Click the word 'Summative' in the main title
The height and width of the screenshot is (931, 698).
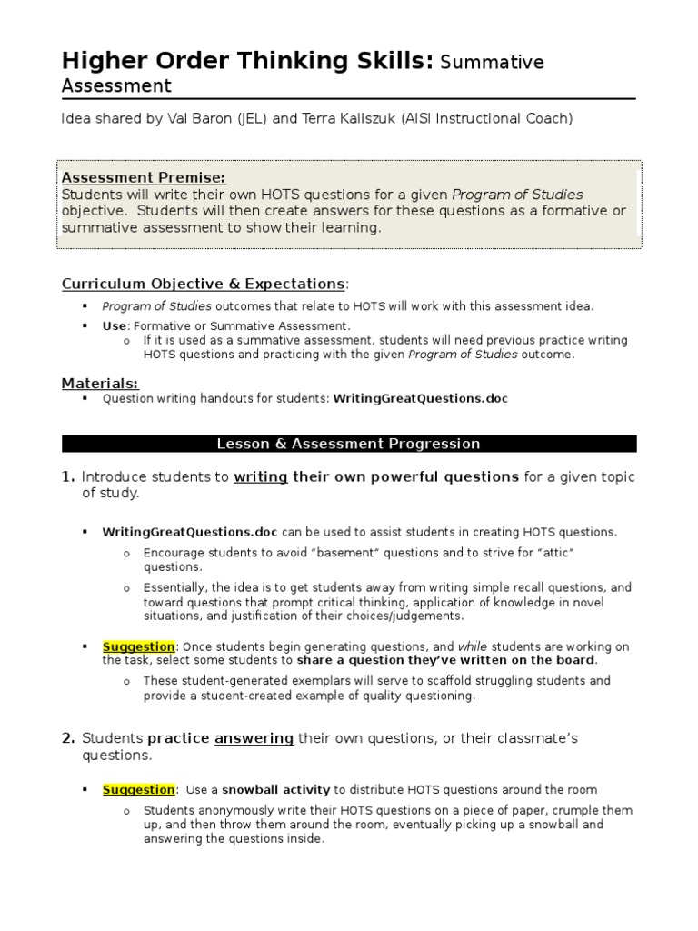pos(492,63)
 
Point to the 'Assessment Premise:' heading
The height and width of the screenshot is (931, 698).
pos(144,177)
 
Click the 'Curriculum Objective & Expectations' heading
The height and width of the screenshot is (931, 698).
pos(203,284)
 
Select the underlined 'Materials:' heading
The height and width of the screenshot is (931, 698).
pos(100,383)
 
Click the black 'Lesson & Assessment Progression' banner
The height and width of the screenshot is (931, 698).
pos(349,444)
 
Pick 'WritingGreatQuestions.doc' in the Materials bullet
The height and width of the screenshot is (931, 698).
pos(421,398)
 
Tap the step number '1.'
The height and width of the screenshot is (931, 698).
pos(68,477)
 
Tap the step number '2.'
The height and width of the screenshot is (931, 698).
pos(68,738)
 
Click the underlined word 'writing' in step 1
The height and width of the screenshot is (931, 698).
pos(261,477)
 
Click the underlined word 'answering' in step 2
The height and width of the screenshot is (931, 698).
pos(254,738)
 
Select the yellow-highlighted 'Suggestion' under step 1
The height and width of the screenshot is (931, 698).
pos(138,646)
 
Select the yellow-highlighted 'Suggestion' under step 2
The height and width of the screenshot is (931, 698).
pos(138,790)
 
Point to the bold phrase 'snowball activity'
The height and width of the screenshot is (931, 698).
pos(276,790)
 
